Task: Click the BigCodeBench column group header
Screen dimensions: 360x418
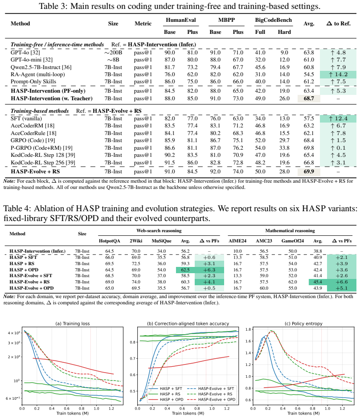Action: (273, 20)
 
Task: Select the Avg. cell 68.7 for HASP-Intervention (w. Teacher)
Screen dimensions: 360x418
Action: (309, 98)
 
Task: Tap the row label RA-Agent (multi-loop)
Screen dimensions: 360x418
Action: (37, 74)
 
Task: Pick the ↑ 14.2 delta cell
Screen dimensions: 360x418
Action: (338, 74)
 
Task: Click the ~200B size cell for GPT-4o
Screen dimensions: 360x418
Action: (113, 53)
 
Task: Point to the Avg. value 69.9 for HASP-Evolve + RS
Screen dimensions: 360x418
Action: (309, 172)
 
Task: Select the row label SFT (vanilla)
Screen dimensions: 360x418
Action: (26, 119)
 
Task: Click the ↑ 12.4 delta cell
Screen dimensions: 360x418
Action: (338, 119)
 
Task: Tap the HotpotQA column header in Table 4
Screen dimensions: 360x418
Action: (110, 241)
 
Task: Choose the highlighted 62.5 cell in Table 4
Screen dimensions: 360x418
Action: (185, 270)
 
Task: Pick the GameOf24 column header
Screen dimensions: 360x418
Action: (293, 241)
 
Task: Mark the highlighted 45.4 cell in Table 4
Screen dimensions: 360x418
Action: (318, 282)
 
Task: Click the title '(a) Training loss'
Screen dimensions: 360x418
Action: (73, 324)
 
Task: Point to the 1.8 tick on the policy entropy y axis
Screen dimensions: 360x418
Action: (248, 329)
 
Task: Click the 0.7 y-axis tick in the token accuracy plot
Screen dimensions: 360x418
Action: (133, 359)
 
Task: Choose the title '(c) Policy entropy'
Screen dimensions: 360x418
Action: (303, 324)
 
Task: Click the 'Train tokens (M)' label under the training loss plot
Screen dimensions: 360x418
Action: (73, 413)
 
